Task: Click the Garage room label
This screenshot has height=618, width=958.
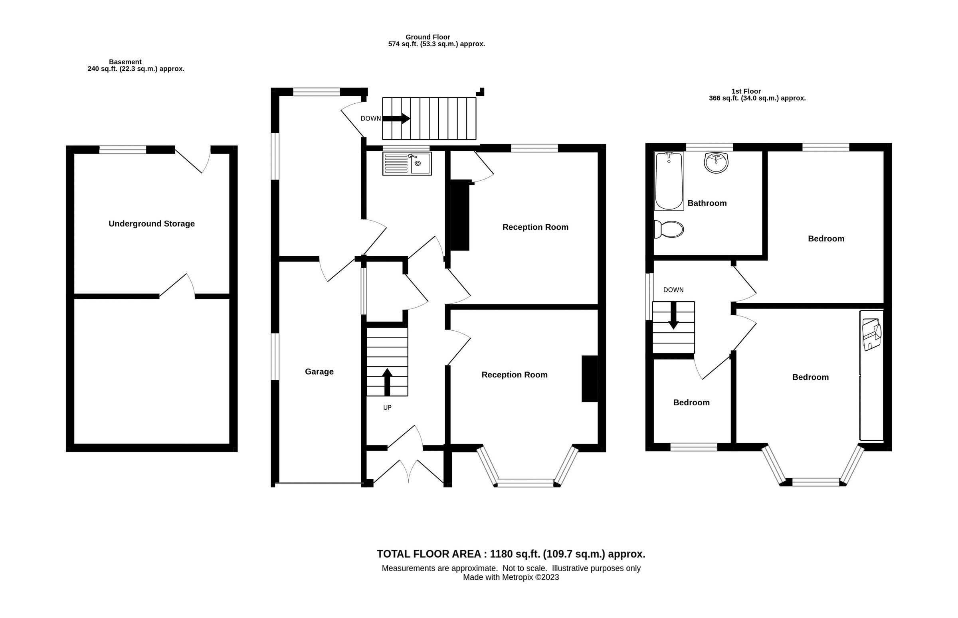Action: [x=319, y=371]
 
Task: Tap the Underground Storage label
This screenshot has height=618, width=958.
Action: [x=151, y=223]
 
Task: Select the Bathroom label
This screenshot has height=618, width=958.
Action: [x=707, y=203]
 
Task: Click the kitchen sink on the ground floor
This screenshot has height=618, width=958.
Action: [x=407, y=163]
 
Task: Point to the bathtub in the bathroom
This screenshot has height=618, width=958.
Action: [x=669, y=181]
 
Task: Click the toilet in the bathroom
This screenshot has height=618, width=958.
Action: [x=669, y=229]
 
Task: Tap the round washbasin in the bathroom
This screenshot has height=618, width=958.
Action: [x=716, y=162]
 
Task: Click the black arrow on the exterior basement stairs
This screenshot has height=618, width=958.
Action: [x=396, y=118]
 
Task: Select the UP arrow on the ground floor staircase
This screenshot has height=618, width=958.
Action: [x=387, y=382]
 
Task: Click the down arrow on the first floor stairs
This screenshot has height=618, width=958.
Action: [x=673, y=316]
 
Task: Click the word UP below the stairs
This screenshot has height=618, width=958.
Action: [x=387, y=407]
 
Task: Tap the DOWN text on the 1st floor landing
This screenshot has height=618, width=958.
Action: [x=673, y=290]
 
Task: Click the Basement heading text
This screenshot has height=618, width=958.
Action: [x=125, y=62]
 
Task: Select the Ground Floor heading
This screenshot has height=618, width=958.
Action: [x=428, y=37]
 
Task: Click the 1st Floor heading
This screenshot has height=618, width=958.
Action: [x=746, y=91]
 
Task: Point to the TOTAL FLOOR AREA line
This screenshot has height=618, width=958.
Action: [x=511, y=554]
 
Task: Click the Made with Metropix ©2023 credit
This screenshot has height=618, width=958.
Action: [x=511, y=577]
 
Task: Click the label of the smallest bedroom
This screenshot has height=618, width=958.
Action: [x=691, y=403]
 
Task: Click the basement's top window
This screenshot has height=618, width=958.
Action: [x=123, y=150]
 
